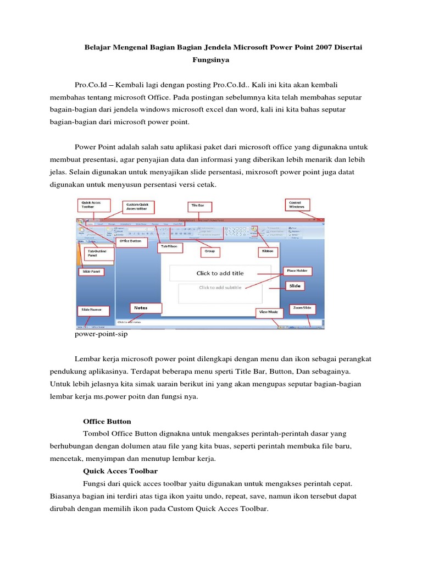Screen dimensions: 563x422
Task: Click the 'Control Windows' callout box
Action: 297,205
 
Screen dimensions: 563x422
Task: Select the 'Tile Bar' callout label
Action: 197,206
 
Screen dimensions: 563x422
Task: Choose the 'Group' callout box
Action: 209,251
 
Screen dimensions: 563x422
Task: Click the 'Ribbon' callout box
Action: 269,251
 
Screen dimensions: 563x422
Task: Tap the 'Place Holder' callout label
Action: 297,271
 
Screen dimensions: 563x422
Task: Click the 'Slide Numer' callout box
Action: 92,310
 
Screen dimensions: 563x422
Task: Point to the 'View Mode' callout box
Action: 268,312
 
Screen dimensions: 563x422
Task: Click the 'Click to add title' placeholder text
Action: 220,273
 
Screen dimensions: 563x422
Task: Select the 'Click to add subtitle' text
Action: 220,287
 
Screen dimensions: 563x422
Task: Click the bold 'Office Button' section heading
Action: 107,422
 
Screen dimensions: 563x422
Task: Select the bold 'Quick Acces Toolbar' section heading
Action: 120,471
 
